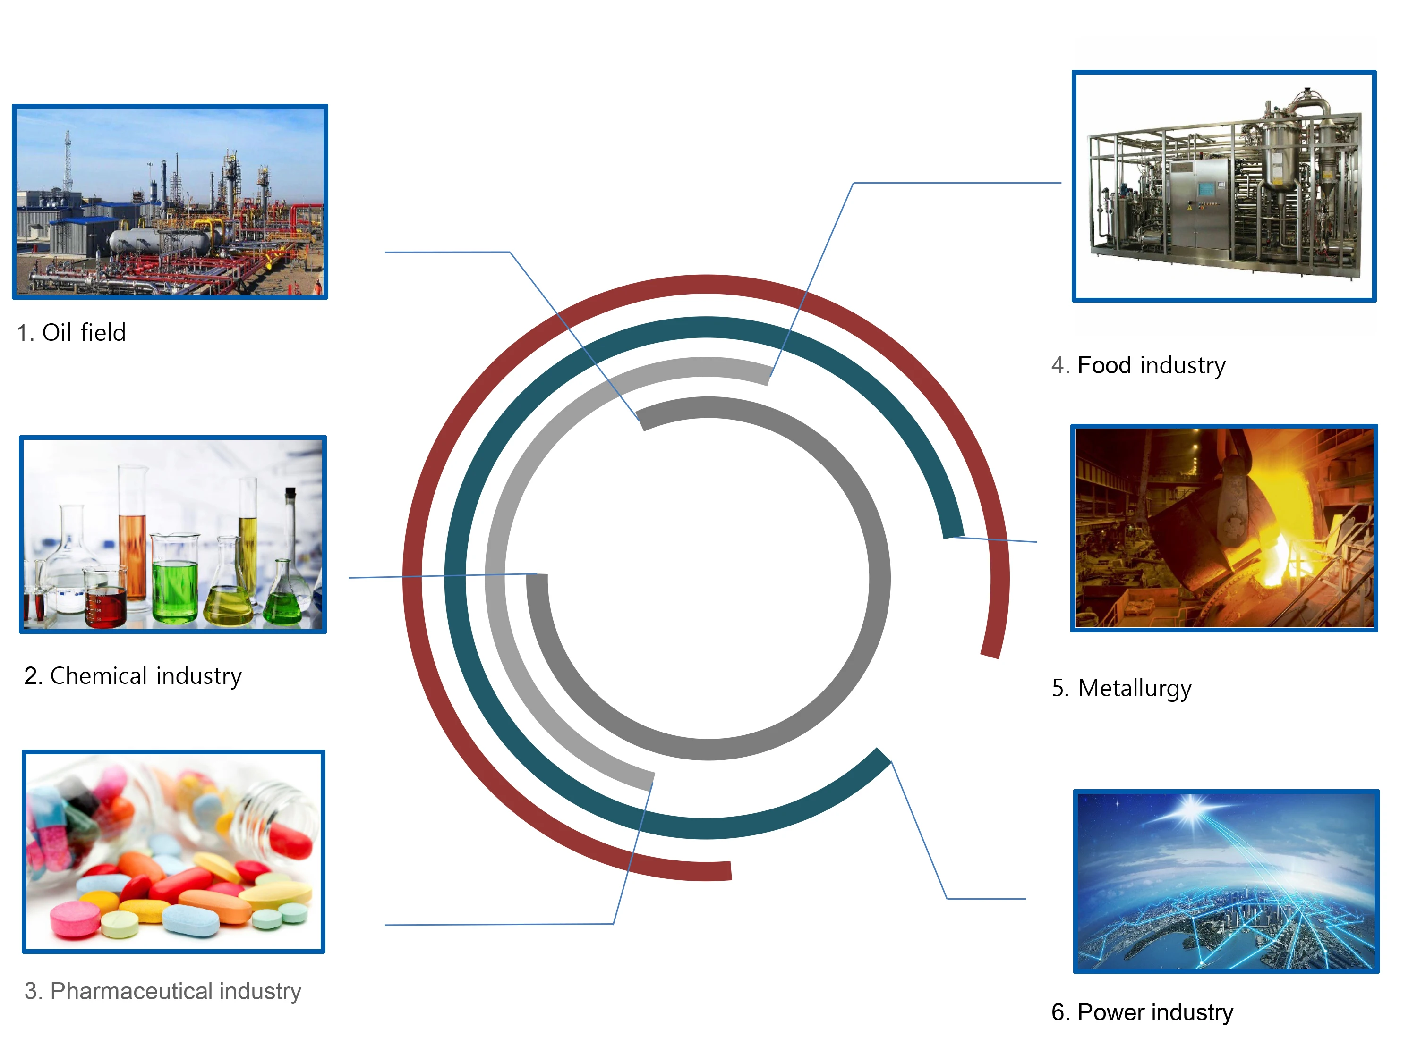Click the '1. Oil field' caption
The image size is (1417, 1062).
(71, 333)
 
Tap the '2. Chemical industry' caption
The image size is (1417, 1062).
(133, 676)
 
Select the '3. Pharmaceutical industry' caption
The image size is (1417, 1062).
(162, 991)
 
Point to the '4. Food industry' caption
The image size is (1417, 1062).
(1138, 365)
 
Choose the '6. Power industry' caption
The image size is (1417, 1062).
(1142, 1013)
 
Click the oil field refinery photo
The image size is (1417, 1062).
(170, 202)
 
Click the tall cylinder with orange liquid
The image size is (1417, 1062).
(133, 538)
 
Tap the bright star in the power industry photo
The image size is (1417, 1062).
(1190, 810)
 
